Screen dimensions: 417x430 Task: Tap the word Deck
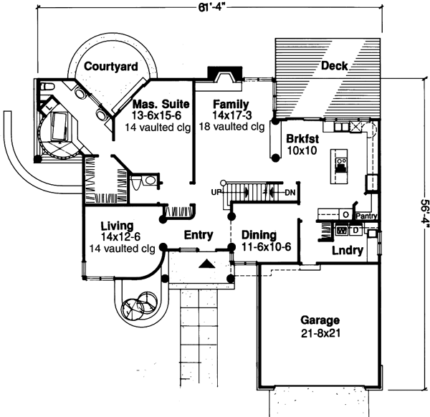(x=334, y=66)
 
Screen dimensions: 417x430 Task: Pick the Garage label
(x=320, y=320)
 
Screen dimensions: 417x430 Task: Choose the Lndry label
(x=345, y=251)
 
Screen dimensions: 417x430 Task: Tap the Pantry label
(x=366, y=214)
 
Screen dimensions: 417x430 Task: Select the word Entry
(x=198, y=234)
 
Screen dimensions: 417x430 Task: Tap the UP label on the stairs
(x=215, y=193)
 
